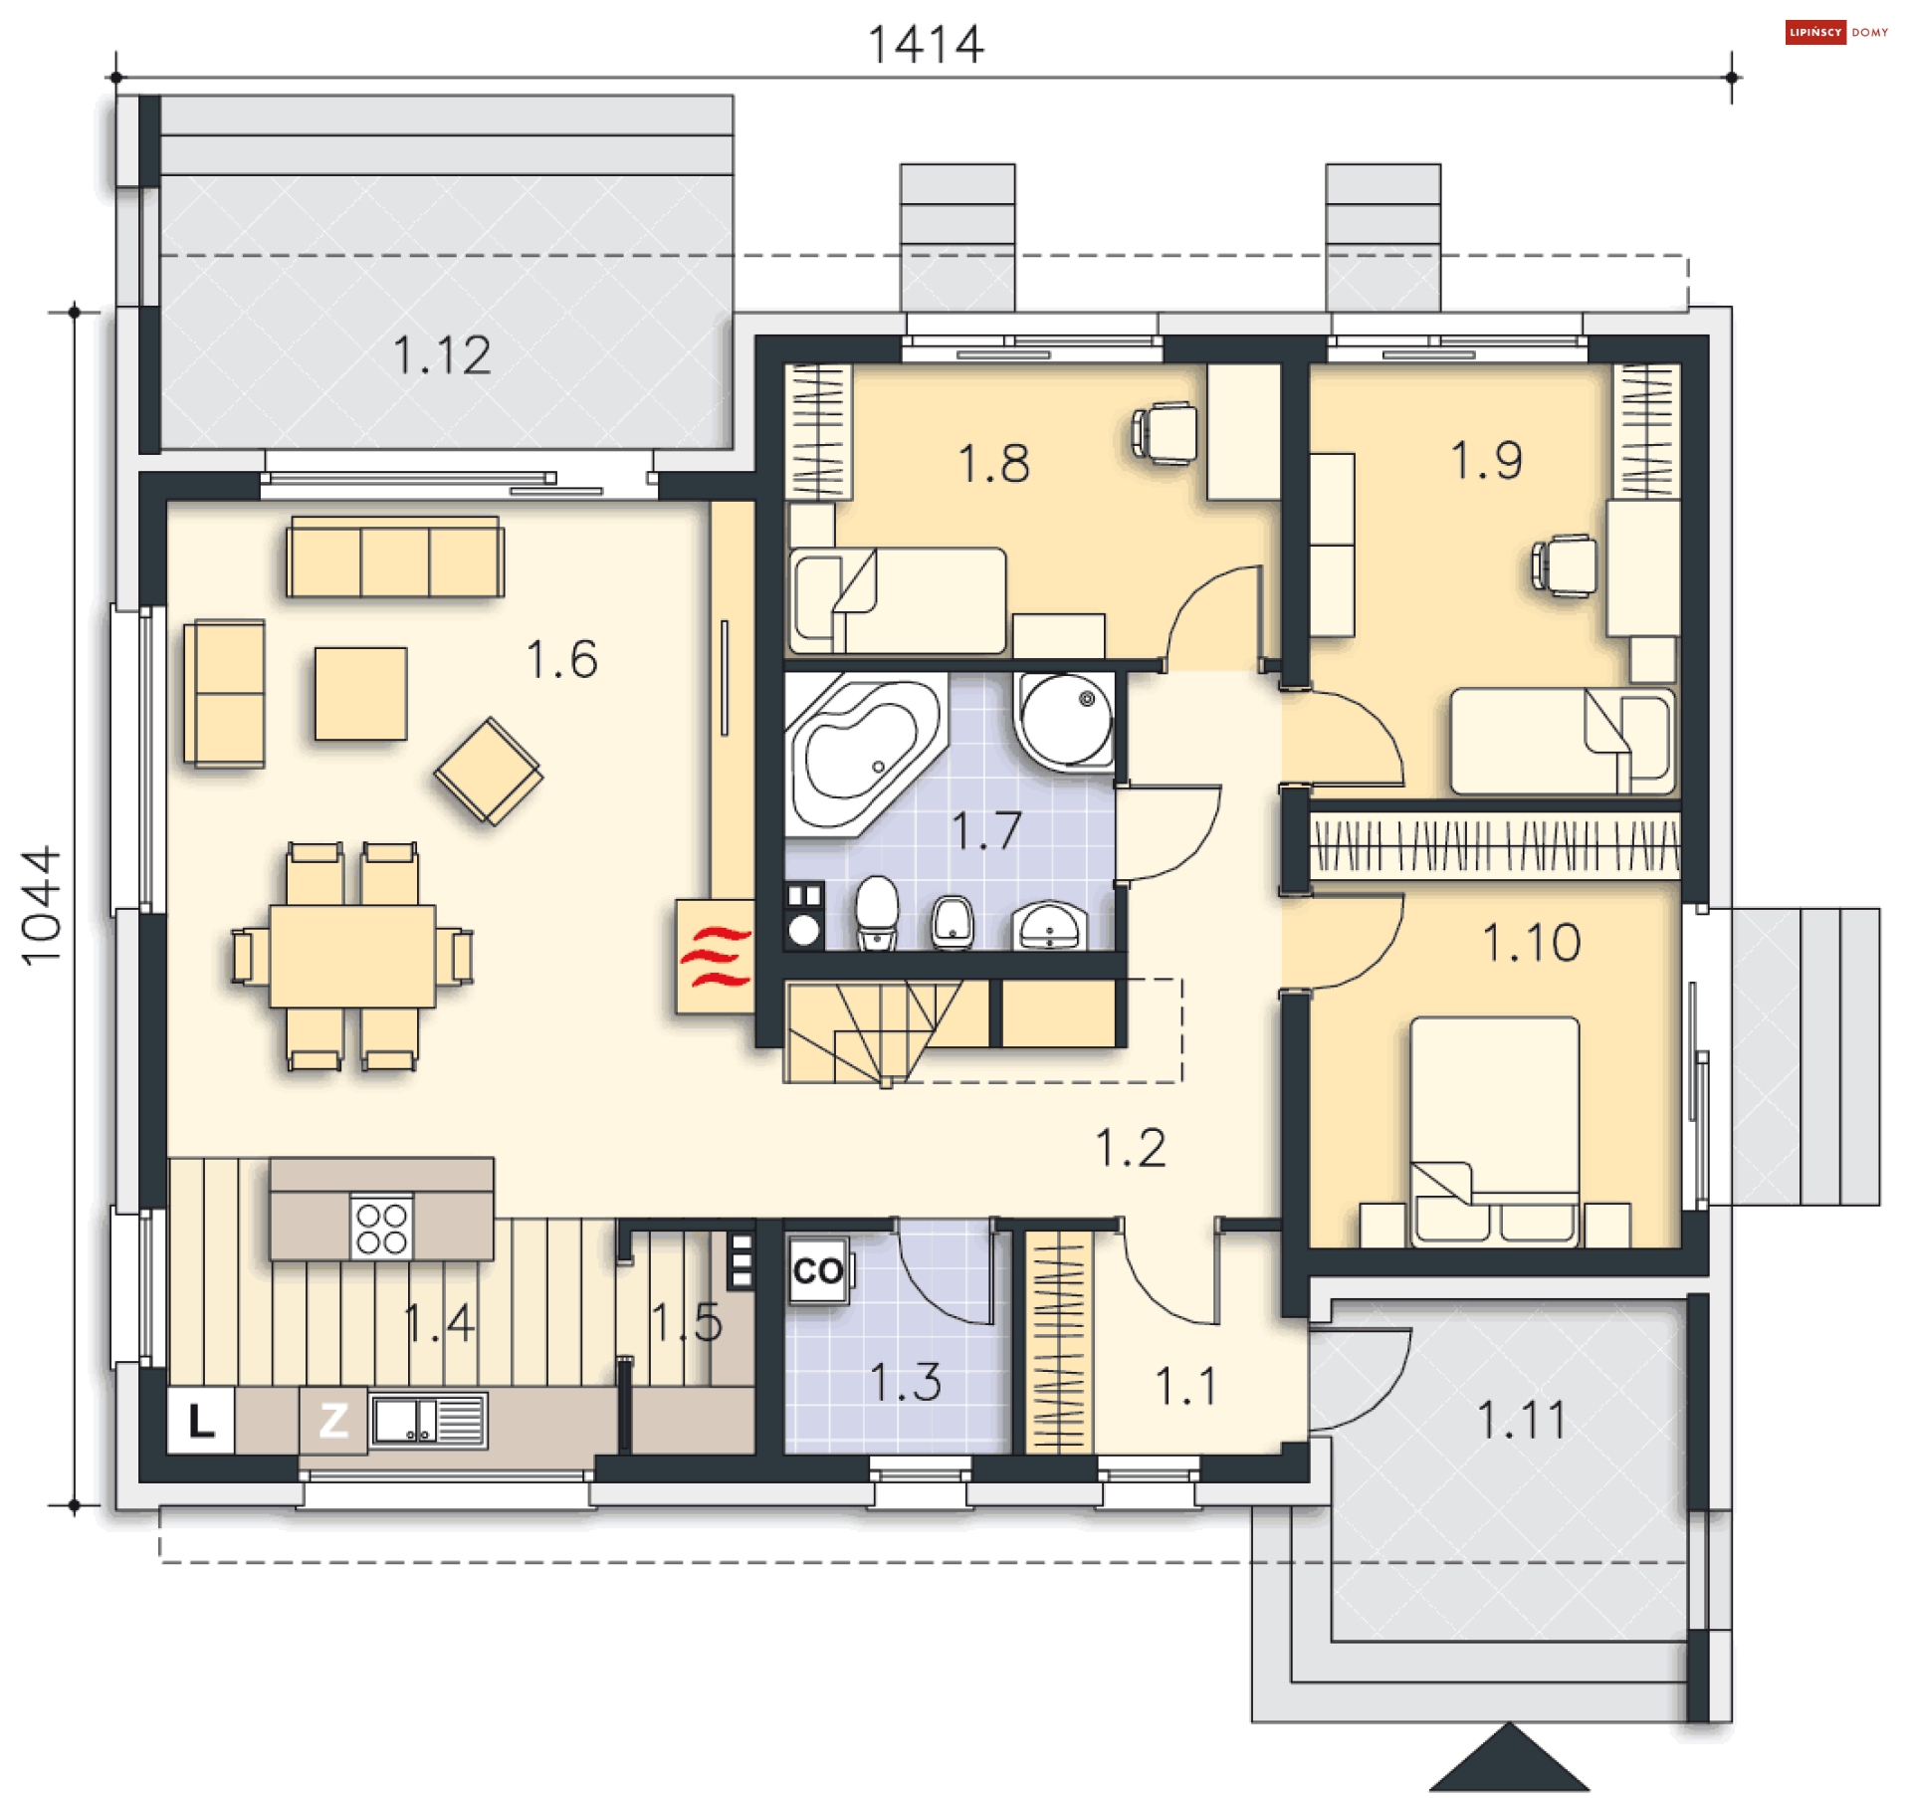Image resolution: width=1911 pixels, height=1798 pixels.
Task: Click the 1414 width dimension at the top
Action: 926,45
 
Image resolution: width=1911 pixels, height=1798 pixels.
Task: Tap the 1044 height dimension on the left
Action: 42,906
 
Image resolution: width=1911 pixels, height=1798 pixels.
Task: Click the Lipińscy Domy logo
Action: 1836,32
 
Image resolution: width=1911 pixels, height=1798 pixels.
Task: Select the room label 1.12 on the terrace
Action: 442,355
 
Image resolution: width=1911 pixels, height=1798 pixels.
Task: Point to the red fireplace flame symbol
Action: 715,957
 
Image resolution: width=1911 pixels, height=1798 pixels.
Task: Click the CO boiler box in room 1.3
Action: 818,1270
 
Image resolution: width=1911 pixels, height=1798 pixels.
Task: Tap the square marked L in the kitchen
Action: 201,1421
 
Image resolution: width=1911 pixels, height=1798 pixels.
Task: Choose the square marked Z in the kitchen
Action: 333,1421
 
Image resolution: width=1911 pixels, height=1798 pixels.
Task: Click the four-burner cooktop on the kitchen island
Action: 381,1228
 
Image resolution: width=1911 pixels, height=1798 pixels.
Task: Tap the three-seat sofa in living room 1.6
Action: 395,557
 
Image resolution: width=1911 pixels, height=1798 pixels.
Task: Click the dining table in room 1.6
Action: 352,957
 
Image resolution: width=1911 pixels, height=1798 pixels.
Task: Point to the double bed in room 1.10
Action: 1494,1131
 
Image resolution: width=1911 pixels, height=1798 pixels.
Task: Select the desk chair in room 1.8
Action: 1166,433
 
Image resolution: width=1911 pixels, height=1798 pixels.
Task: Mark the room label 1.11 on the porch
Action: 1521,1420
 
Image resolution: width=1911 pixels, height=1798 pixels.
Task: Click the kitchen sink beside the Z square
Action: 428,1421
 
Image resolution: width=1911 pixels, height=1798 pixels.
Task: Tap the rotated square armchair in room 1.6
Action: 489,772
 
